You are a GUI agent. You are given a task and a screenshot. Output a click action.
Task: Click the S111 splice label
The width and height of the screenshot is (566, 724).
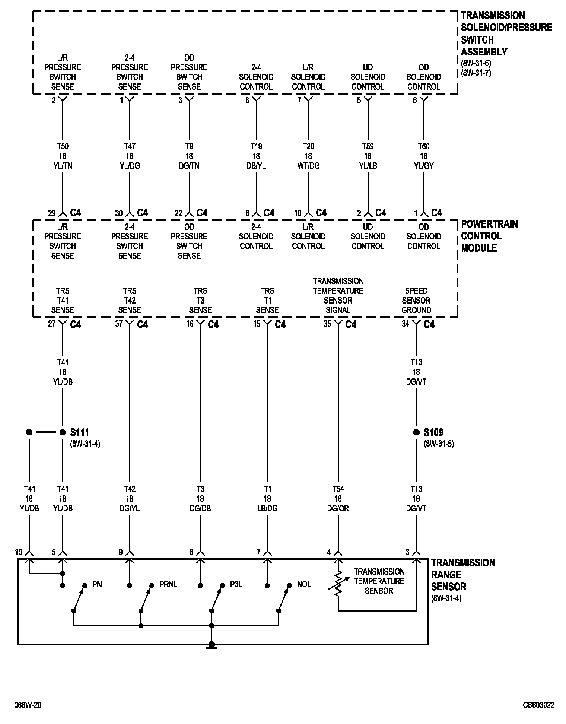(79, 432)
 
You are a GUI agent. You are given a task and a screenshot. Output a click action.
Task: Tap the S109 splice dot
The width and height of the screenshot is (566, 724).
(416, 432)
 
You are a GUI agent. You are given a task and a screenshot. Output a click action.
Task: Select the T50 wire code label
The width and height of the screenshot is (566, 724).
(63, 146)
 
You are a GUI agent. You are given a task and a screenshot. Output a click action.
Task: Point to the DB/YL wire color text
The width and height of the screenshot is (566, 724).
(256, 166)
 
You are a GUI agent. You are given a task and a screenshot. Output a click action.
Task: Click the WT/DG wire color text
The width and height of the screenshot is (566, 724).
(308, 166)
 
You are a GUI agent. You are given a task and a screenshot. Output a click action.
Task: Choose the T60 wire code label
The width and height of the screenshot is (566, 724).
(424, 146)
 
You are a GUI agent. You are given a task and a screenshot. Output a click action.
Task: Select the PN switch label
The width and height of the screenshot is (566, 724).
(97, 585)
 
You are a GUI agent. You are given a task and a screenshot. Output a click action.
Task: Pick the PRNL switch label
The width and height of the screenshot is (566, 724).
(168, 585)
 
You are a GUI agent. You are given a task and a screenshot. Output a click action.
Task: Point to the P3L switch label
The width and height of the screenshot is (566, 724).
(236, 585)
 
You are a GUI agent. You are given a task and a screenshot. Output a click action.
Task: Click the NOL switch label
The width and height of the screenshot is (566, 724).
(304, 585)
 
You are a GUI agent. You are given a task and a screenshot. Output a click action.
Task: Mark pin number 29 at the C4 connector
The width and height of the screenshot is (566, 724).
(52, 213)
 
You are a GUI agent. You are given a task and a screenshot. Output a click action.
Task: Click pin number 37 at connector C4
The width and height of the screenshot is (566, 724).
(119, 324)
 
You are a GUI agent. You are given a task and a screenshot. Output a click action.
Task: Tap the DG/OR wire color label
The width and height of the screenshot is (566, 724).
(338, 508)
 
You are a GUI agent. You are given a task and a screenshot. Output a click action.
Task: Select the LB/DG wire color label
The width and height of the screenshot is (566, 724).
(267, 508)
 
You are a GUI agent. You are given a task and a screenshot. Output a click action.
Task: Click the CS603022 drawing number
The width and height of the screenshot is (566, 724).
(538, 705)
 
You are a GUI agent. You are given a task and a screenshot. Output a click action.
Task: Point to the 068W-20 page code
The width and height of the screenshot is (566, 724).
(28, 705)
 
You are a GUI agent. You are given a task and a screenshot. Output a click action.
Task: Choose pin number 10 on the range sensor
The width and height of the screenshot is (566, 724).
(19, 552)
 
